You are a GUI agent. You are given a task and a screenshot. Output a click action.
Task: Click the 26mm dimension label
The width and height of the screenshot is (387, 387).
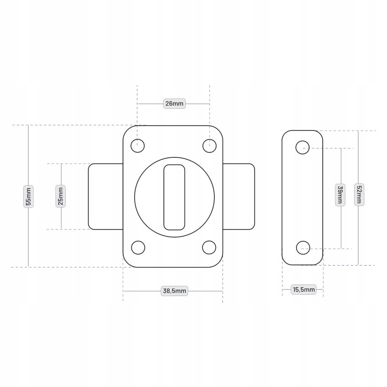pos(174,104)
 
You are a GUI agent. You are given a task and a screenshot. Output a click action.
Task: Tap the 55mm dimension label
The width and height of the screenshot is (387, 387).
pos(29,196)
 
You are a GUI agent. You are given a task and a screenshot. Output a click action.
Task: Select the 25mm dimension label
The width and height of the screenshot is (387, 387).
pos(61,196)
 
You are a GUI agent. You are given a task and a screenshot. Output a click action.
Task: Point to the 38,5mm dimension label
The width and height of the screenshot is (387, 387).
pos(174,291)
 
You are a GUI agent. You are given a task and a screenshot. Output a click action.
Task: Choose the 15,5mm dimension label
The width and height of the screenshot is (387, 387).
pos(304,289)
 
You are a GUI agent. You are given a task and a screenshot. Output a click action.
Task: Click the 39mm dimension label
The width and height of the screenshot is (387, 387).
pos(340,195)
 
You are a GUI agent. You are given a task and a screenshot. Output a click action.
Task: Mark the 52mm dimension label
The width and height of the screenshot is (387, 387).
pos(359,194)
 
